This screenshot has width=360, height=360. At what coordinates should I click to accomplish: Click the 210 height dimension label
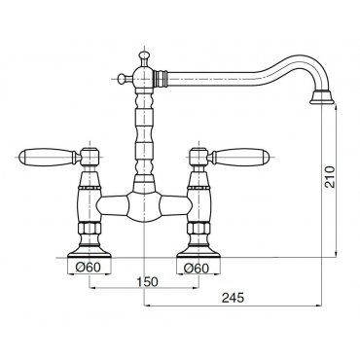pyautogui.click(x=330, y=177)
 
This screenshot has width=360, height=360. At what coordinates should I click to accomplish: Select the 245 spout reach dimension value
pyautogui.click(x=233, y=298)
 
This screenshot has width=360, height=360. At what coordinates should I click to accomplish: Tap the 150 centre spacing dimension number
pyautogui.click(x=147, y=281)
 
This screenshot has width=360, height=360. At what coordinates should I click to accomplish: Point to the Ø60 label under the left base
pyautogui.click(x=88, y=268)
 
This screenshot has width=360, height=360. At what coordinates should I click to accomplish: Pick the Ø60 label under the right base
pyautogui.click(x=197, y=268)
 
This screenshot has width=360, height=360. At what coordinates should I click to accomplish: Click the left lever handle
pyautogui.click(x=48, y=157)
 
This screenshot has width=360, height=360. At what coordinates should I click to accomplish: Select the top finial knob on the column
pyautogui.click(x=143, y=56)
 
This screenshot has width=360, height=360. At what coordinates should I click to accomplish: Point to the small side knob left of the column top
pyautogui.click(x=124, y=79)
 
